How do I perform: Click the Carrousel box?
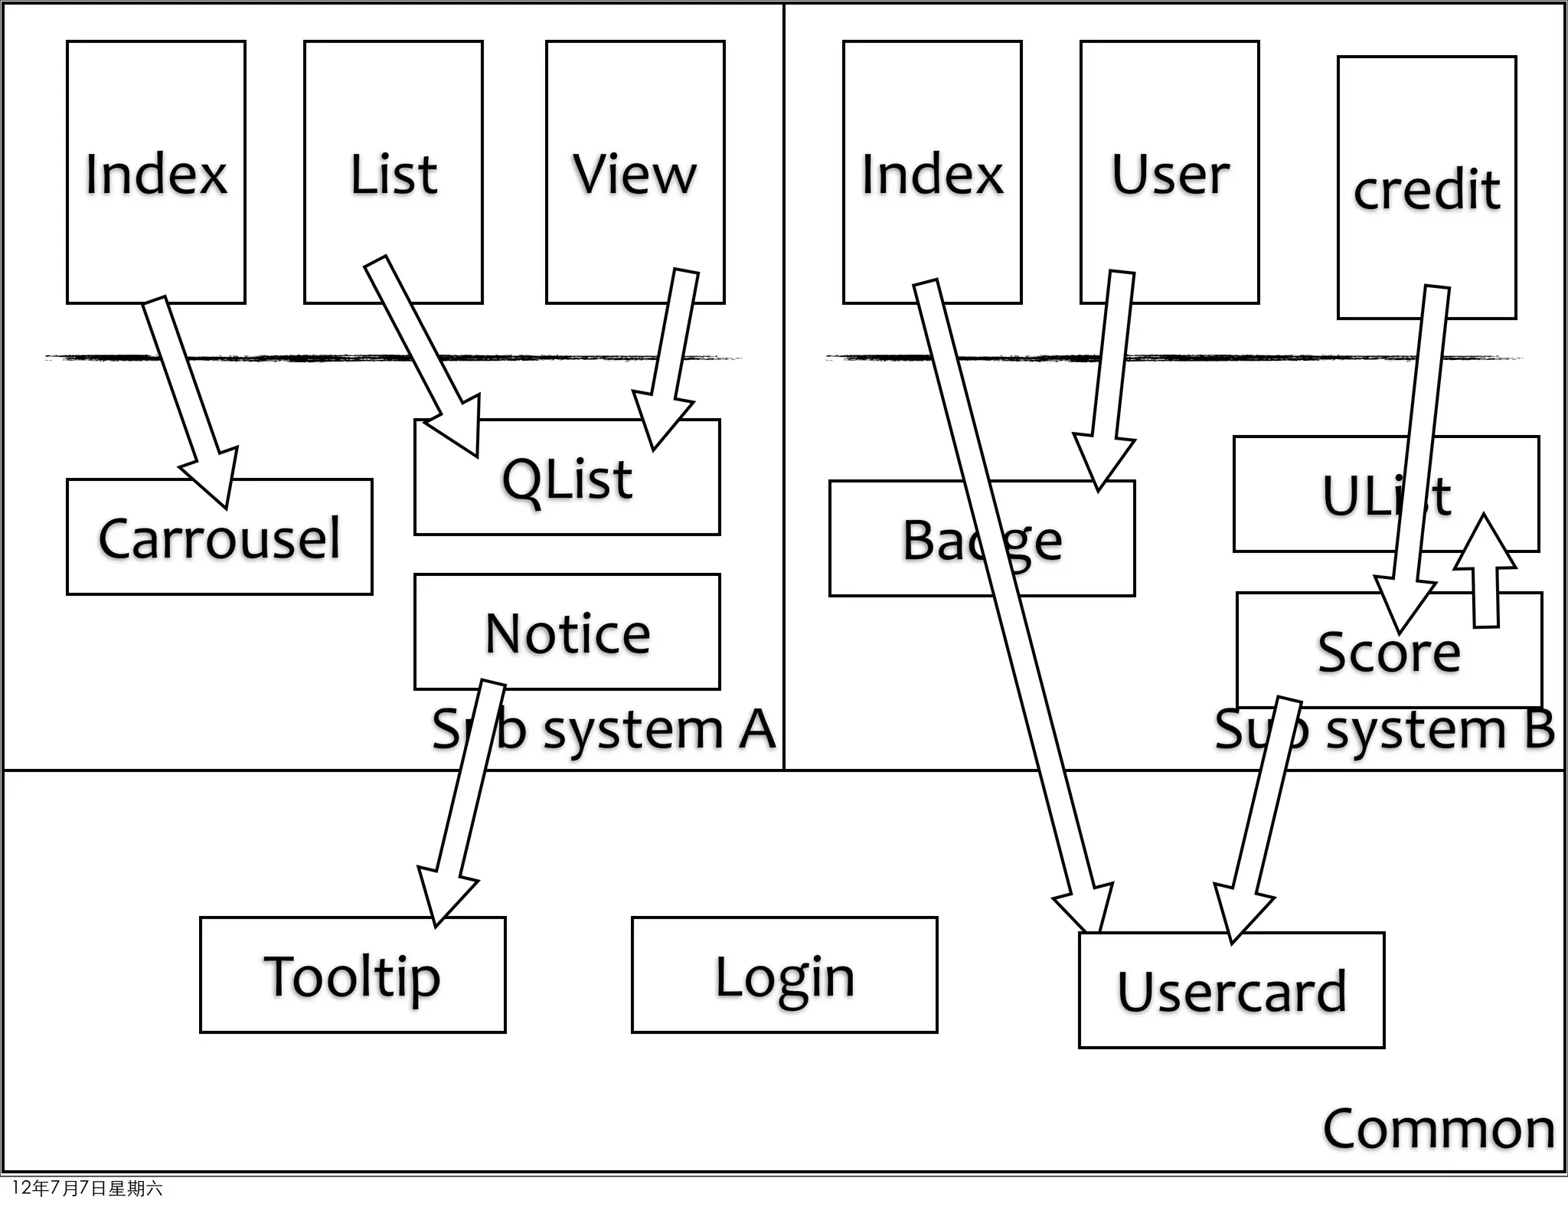pyautogui.click(x=219, y=538)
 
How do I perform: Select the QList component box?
pyautogui.click(x=567, y=479)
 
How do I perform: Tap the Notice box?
pyautogui.click(x=567, y=633)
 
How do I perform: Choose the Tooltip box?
pyautogui.click(x=352, y=976)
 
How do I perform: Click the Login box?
pyautogui.click(x=784, y=976)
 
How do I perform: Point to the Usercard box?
pyautogui.click(x=1231, y=991)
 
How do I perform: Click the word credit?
pyautogui.click(x=1426, y=189)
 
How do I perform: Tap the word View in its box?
pyautogui.click(x=635, y=174)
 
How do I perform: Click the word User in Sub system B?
pyautogui.click(x=1169, y=174)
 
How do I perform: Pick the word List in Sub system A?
pyautogui.click(x=394, y=174)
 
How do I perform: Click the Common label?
pyautogui.click(x=1438, y=1129)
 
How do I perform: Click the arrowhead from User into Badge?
pyautogui.click(x=1102, y=460)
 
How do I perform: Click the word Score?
pyautogui.click(x=1388, y=653)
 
